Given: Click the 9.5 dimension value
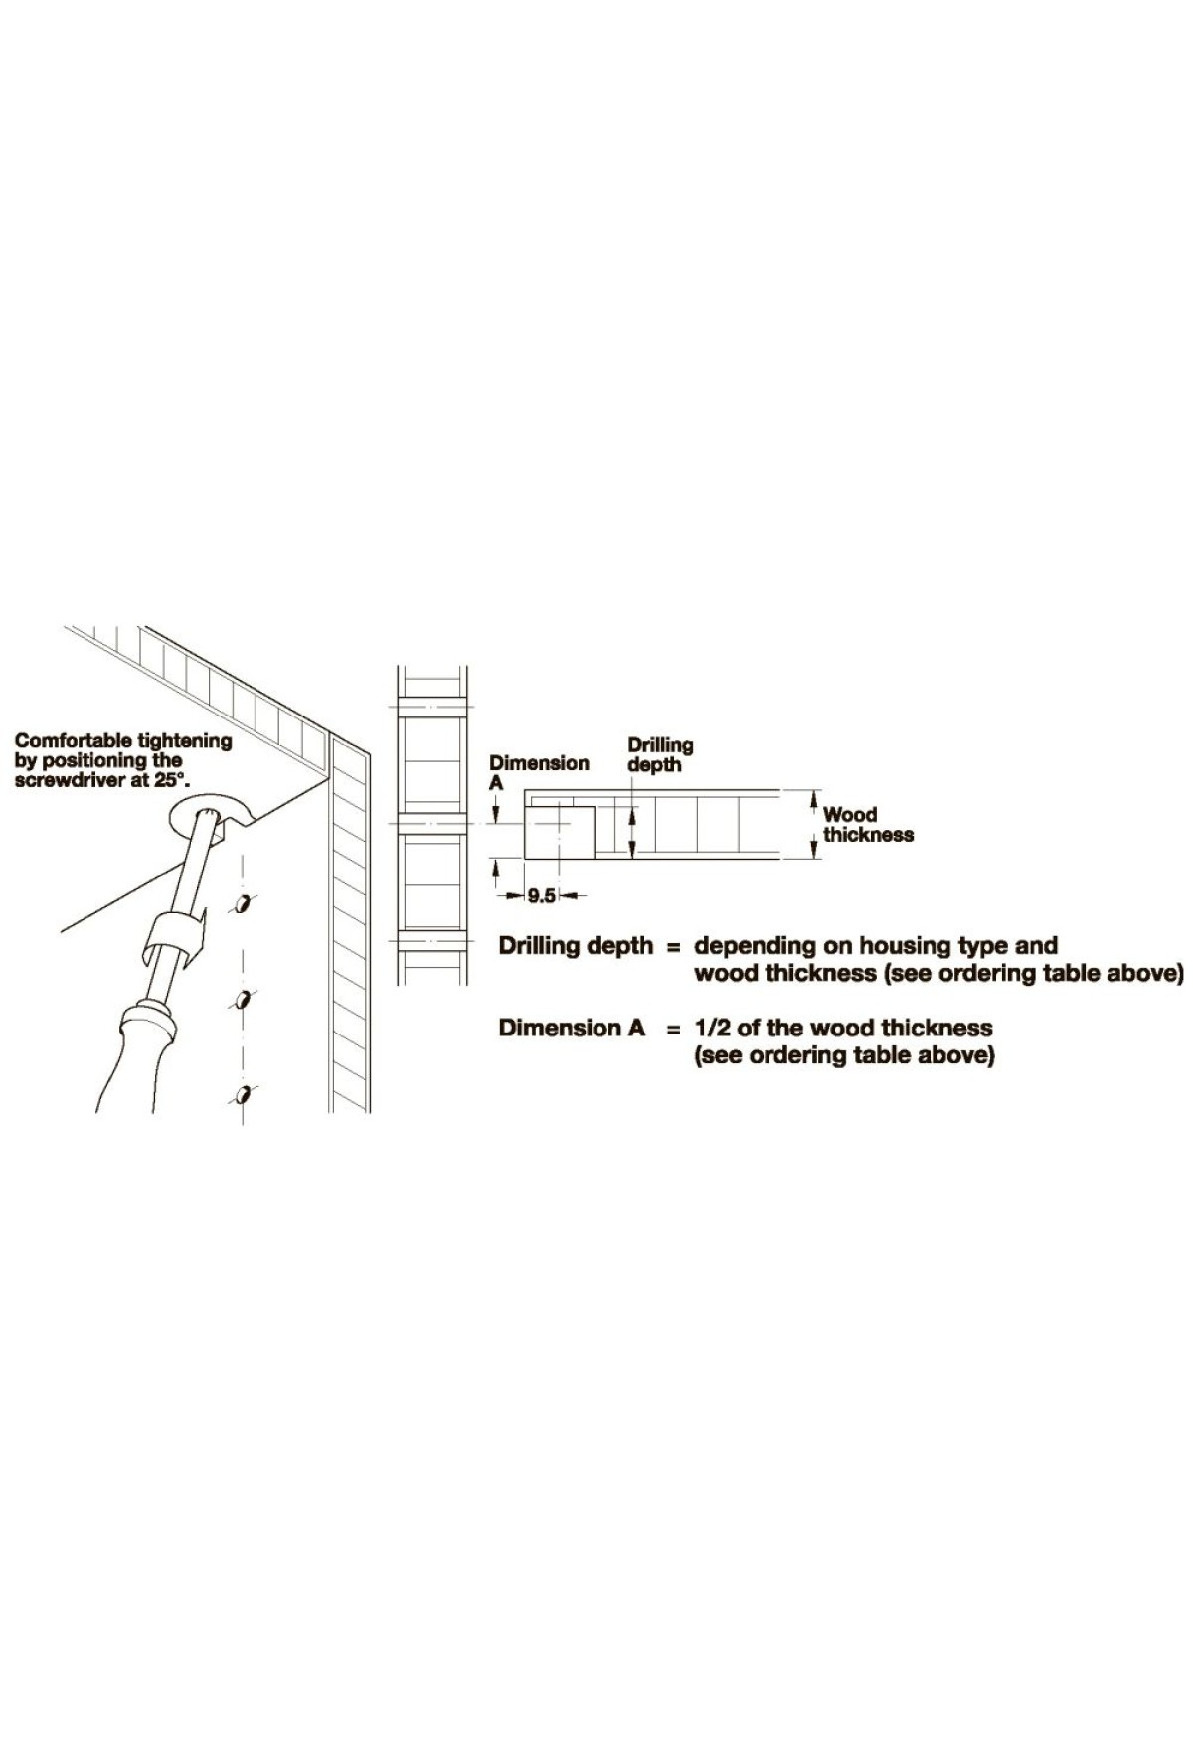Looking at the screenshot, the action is pyautogui.click(x=541, y=896).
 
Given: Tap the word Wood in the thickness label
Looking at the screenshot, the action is pyautogui.click(x=850, y=815).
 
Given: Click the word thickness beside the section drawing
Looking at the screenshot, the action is pyautogui.click(x=868, y=835).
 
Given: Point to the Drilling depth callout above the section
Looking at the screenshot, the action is pyautogui.click(x=660, y=755).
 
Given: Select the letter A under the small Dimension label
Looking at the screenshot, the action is pyautogui.click(x=496, y=783).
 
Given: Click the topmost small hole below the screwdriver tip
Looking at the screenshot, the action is pyautogui.click(x=242, y=904).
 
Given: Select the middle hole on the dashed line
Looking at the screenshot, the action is pyautogui.click(x=242, y=1000).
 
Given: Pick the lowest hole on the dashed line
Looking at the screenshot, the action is pyautogui.click(x=242, y=1095).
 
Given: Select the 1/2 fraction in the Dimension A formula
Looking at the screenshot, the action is pyautogui.click(x=711, y=1028).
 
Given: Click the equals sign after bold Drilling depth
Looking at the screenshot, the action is pyautogui.click(x=673, y=947).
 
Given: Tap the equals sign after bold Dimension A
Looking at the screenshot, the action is pyautogui.click(x=673, y=1029).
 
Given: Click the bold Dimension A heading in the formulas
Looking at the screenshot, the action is pyautogui.click(x=573, y=1028).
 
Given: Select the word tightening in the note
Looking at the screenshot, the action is pyautogui.click(x=185, y=741).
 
